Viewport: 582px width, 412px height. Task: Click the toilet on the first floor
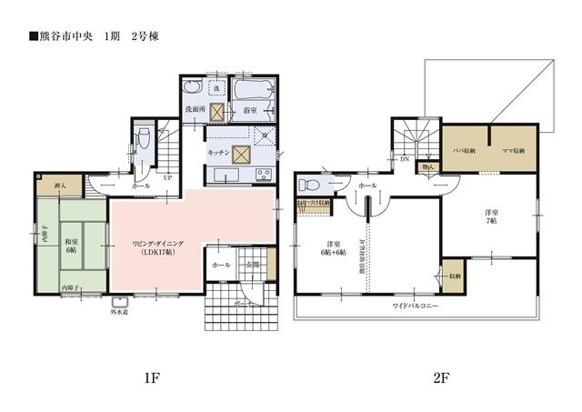139,142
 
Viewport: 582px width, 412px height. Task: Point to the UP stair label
167,178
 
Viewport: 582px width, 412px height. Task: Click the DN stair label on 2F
404,158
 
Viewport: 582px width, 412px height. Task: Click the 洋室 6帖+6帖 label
334,248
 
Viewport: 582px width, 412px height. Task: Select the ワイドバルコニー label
416,306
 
